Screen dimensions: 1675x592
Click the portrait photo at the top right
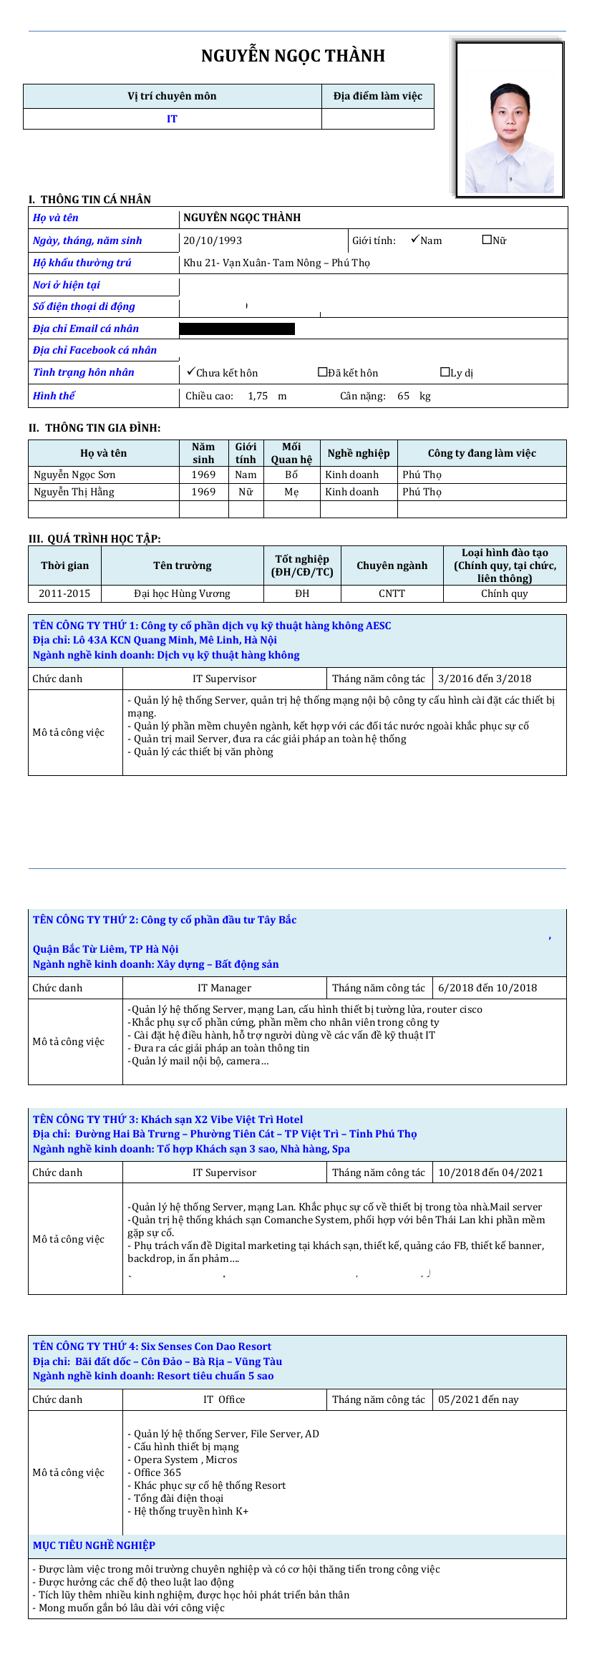point(510,119)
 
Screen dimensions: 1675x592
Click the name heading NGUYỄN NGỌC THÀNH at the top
point(293,56)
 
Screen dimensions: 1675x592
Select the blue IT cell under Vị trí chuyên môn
point(172,119)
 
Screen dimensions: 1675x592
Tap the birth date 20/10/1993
point(213,241)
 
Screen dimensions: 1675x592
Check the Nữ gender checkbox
point(487,240)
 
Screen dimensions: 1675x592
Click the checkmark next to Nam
point(414,239)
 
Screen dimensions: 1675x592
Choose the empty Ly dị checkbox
point(445,372)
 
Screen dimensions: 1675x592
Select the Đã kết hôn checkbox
point(322,372)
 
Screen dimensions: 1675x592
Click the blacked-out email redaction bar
point(236,329)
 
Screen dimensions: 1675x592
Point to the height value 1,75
point(258,396)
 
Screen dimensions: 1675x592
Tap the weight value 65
point(404,396)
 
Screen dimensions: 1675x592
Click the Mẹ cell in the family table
point(291,492)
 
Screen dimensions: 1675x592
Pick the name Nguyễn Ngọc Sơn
point(74,475)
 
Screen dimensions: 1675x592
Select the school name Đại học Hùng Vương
point(182,593)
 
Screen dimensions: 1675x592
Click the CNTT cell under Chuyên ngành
point(392,593)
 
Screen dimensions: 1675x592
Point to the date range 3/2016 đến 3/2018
point(485,679)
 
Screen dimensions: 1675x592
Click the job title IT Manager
point(224,988)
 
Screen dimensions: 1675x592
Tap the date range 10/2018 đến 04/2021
point(490,1172)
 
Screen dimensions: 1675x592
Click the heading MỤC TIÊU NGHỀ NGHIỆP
point(94,1545)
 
